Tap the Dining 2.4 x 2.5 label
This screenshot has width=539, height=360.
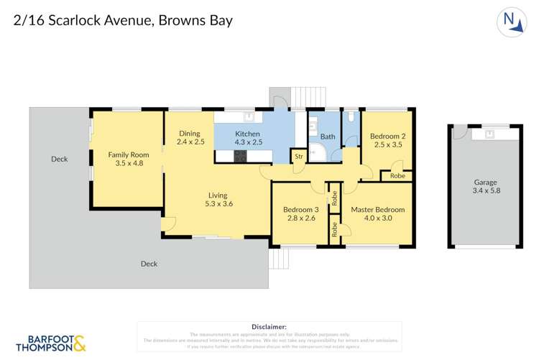(190, 137)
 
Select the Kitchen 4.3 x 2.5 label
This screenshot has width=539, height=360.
(249, 138)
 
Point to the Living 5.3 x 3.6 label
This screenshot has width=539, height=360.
(217, 199)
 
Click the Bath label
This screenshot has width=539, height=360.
(328, 137)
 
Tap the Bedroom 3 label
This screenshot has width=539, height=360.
(300, 213)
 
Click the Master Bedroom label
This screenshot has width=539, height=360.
(377, 213)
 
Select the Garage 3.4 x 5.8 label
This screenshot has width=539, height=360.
(485, 187)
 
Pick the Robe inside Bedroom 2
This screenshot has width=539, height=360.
(397, 175)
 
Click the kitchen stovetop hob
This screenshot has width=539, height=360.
(240, 155)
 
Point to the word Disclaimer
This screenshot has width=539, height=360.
(269, 326)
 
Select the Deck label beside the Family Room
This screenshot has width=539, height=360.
(59, 159)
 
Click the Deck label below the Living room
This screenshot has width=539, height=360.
(149, 264)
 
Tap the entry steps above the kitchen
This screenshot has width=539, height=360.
(300, 98)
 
